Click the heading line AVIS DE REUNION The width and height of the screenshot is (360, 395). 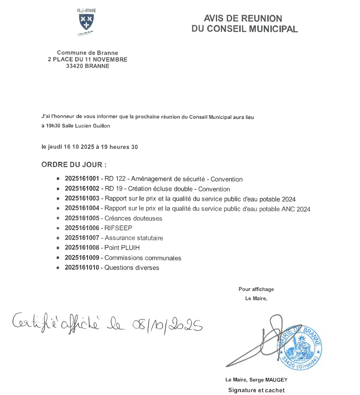243,18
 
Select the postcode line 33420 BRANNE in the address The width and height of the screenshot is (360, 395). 88,66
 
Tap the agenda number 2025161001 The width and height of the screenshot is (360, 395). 82,179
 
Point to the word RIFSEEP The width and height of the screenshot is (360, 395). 118,228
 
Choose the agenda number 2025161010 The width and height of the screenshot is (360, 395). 82,267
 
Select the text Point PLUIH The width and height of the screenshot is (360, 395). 122,248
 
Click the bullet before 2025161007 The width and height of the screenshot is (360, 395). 58,238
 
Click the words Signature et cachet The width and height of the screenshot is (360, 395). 256,390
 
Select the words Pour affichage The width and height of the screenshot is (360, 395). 256,289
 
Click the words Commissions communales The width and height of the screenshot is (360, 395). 143,258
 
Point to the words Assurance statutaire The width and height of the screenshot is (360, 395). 134,238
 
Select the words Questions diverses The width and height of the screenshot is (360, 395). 132,267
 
